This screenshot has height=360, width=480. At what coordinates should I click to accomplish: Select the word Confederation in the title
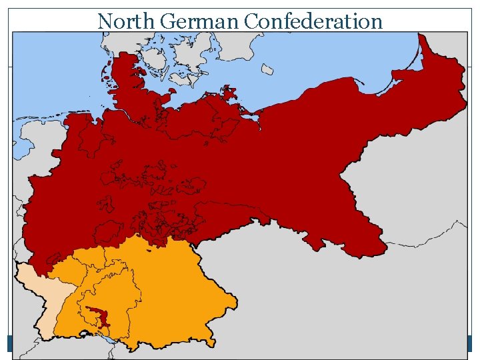(313, 21)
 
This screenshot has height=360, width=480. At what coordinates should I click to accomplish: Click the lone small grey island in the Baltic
(267, 69)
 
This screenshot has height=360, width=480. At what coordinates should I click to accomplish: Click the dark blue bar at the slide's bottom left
(11, 343)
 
